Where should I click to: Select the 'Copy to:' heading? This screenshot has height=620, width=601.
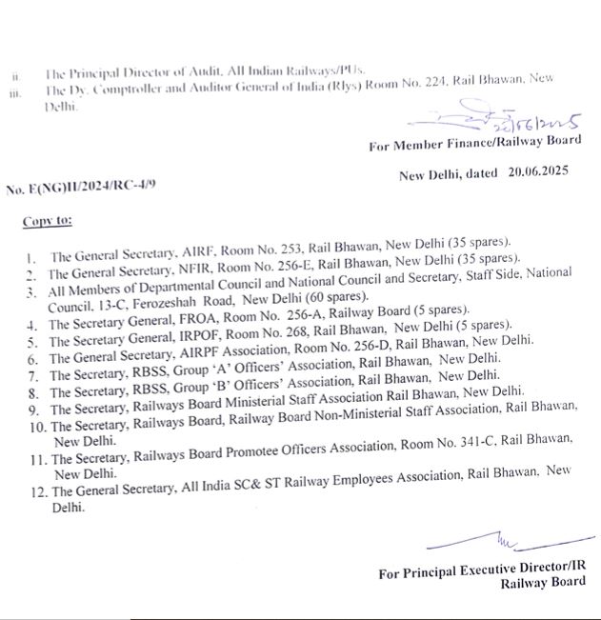(47, 222)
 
